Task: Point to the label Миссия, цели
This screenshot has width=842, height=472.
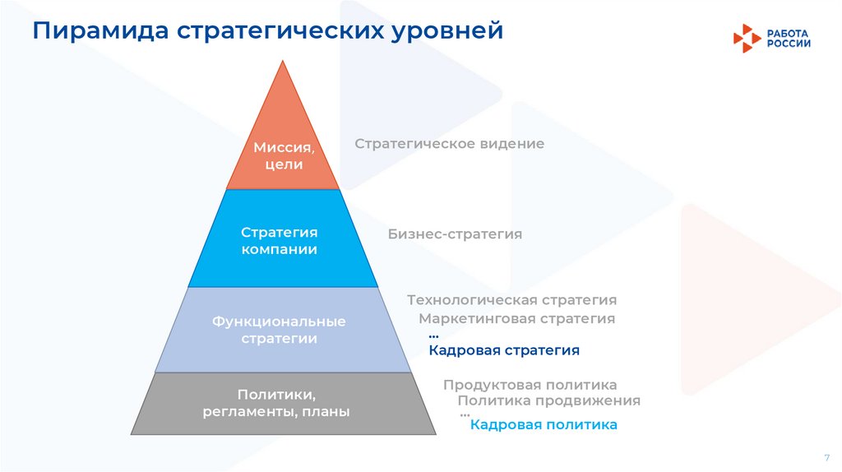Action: [x=284, y=156]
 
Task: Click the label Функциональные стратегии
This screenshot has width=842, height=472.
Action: [x=279, y=330]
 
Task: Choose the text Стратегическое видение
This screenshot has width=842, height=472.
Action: [x=450, y=144]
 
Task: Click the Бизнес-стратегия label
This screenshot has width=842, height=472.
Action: [x=455, y=234]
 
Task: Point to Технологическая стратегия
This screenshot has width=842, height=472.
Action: [x=511, y=300]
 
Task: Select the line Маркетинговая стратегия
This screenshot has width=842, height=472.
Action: [x=516, y=318]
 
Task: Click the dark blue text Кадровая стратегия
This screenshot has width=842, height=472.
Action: [x=504, y=350]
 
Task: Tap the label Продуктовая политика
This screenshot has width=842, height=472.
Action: [x=530, y=385]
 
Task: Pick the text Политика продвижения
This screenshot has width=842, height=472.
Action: [x=548, y=401]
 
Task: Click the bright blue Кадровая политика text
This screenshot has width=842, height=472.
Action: [x=544, y=425]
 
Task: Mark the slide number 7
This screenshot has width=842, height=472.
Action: [x=826, y=457]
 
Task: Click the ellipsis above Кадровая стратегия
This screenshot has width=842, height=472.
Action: [x=433, y=335]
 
